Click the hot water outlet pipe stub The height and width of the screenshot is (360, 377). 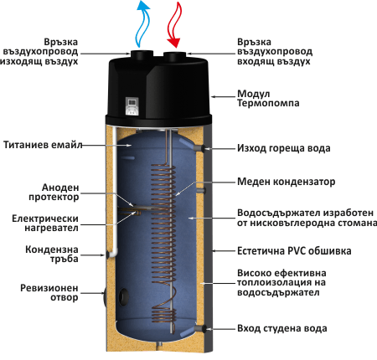(206, 148)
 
